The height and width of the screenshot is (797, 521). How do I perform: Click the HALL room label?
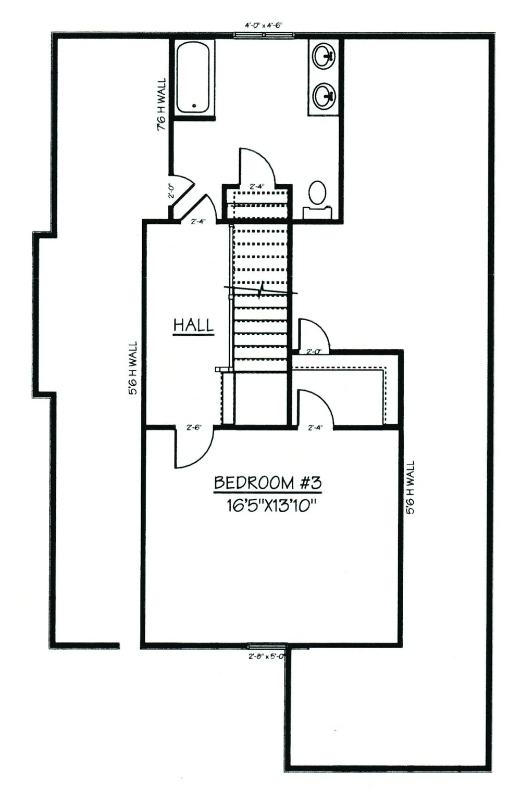pyautogui.click(x=193, y=325)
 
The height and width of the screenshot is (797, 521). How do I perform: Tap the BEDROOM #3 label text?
pyautogui.click(x=267, y=483)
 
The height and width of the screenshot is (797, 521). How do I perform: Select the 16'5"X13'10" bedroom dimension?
pyautogui.click(x=271, y=505)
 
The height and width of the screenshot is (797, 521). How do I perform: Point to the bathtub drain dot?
pyautogui.click(x=194, y=106)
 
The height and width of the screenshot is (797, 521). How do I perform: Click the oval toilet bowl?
pyautogui.click(x=317, y=192)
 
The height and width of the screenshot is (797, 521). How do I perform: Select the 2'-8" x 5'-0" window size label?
pyautogui.click(x=266, y=656)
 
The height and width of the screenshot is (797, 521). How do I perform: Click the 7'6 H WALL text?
pyautogui.click(x=162, y=104)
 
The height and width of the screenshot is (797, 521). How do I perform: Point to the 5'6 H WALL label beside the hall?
pyautogui.click(x=133, y=368)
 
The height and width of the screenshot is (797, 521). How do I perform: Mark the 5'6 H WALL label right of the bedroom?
pyautogui.click(x=411, y=488)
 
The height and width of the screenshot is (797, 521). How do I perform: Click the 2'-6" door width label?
pyautogui.click(x=194, y=428)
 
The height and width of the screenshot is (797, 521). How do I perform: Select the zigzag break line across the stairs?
pyautogui.click(x=260, y=290)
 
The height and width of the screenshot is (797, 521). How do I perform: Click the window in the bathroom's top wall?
pyautogui.click(x=264, y=35)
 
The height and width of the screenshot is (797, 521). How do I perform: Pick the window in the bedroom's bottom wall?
pyautogui.click(x=266, y=647)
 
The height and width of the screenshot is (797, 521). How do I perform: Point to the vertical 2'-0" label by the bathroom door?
pyautogui.click(x=171, y=190)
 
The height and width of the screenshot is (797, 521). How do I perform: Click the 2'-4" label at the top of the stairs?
pyautogui.click(x=257, y=186)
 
